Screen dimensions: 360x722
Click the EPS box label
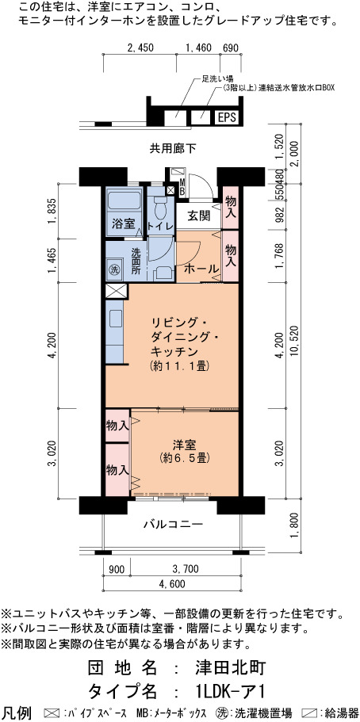coord(227,118)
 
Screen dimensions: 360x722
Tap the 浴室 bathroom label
coord(124,225)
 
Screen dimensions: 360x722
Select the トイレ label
coord(160,226)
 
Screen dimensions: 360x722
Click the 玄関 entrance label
coord(199,216)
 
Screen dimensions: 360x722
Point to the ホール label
coord(201,269)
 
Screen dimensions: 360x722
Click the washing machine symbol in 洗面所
coord(113,269)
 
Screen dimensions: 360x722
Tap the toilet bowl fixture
coord(160,209)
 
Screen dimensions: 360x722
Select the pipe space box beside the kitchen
coord(115,292)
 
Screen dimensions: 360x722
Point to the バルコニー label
coord(173,524)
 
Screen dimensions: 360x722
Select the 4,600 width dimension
coord(171,584)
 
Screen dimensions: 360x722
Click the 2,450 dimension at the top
coord(140,47)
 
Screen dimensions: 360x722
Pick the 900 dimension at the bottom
coord(117,569)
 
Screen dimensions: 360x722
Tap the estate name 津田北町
coord(230,667)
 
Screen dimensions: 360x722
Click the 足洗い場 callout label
coord(213,78)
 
